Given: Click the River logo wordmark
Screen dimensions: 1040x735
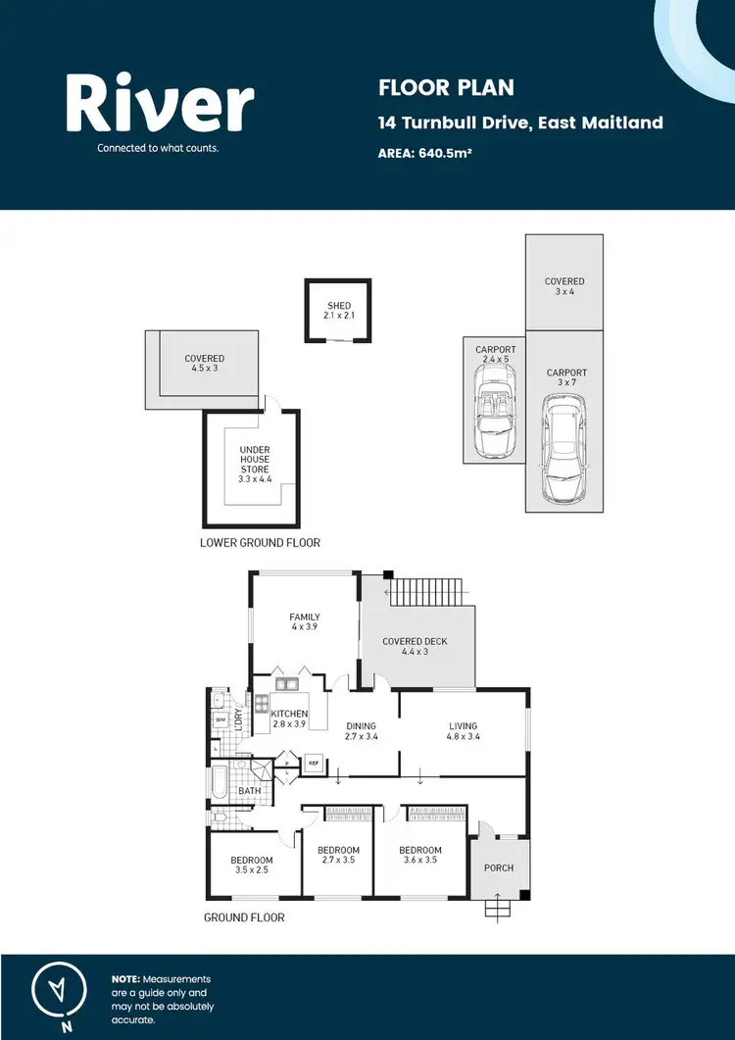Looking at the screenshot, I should [x=160, y=104].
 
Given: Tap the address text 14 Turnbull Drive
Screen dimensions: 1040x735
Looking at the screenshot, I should [x=520, y=123].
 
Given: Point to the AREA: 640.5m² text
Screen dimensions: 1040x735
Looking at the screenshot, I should [x=425, y=153].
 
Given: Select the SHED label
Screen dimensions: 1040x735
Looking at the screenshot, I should [x=338, y=311].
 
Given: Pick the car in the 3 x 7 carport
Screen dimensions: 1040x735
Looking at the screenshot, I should [x=564, y=448].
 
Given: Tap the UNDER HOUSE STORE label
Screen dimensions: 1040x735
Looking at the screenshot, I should [x=255, y=460].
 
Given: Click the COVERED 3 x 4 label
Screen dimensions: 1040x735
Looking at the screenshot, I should [x=564, y=287].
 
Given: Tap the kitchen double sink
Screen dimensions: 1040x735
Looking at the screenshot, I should [x=287, y=684].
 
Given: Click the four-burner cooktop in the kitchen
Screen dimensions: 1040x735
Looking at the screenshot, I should [x=263, y=703].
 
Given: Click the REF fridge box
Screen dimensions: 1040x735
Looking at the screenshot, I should [x=315, y=761].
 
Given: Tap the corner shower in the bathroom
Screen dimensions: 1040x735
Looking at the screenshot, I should [x=261, y=770].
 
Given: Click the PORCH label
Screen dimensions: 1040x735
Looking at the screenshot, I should [x=499, y=867].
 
